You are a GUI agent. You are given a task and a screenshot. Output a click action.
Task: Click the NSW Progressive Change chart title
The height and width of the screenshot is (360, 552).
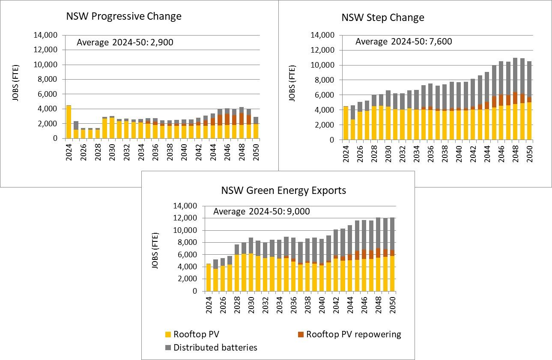click(x=123, y=16)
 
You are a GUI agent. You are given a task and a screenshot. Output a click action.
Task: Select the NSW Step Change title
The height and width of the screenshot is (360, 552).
click(x=382, y=18)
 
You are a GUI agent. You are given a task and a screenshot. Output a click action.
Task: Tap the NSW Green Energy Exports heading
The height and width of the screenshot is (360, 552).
click(x=283, y=190)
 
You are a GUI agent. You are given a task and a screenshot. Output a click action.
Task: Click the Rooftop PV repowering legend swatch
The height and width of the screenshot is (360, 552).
click(x=300, y=334)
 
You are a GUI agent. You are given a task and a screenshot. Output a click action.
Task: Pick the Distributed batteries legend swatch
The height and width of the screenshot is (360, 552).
click(x=167, y=348)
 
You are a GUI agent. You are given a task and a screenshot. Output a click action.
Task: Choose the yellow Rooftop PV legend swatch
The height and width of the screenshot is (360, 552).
click(x=167, y=334)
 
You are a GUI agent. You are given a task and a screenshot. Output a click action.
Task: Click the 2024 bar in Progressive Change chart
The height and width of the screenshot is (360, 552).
click(x=69, y=122)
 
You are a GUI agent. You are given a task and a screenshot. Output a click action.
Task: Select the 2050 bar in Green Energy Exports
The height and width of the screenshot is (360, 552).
click(x=393, y=257)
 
